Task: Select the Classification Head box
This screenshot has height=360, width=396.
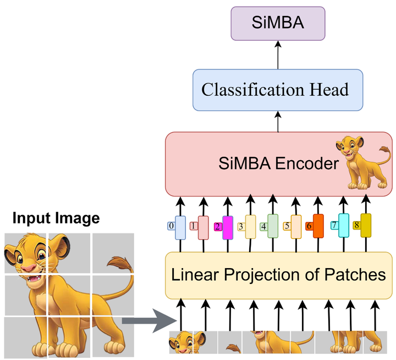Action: [x=275, y=89]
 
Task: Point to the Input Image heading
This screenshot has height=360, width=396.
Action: [x=56, y=219]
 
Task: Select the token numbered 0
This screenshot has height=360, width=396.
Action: [x=180, y=227]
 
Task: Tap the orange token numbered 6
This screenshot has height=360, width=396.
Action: [x=318, y=226]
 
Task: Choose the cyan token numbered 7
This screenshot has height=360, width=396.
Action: [x=343, y=226]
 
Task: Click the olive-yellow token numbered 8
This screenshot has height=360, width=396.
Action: [x=366, y=225]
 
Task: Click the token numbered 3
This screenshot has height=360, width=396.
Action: [x=250, y=226]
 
